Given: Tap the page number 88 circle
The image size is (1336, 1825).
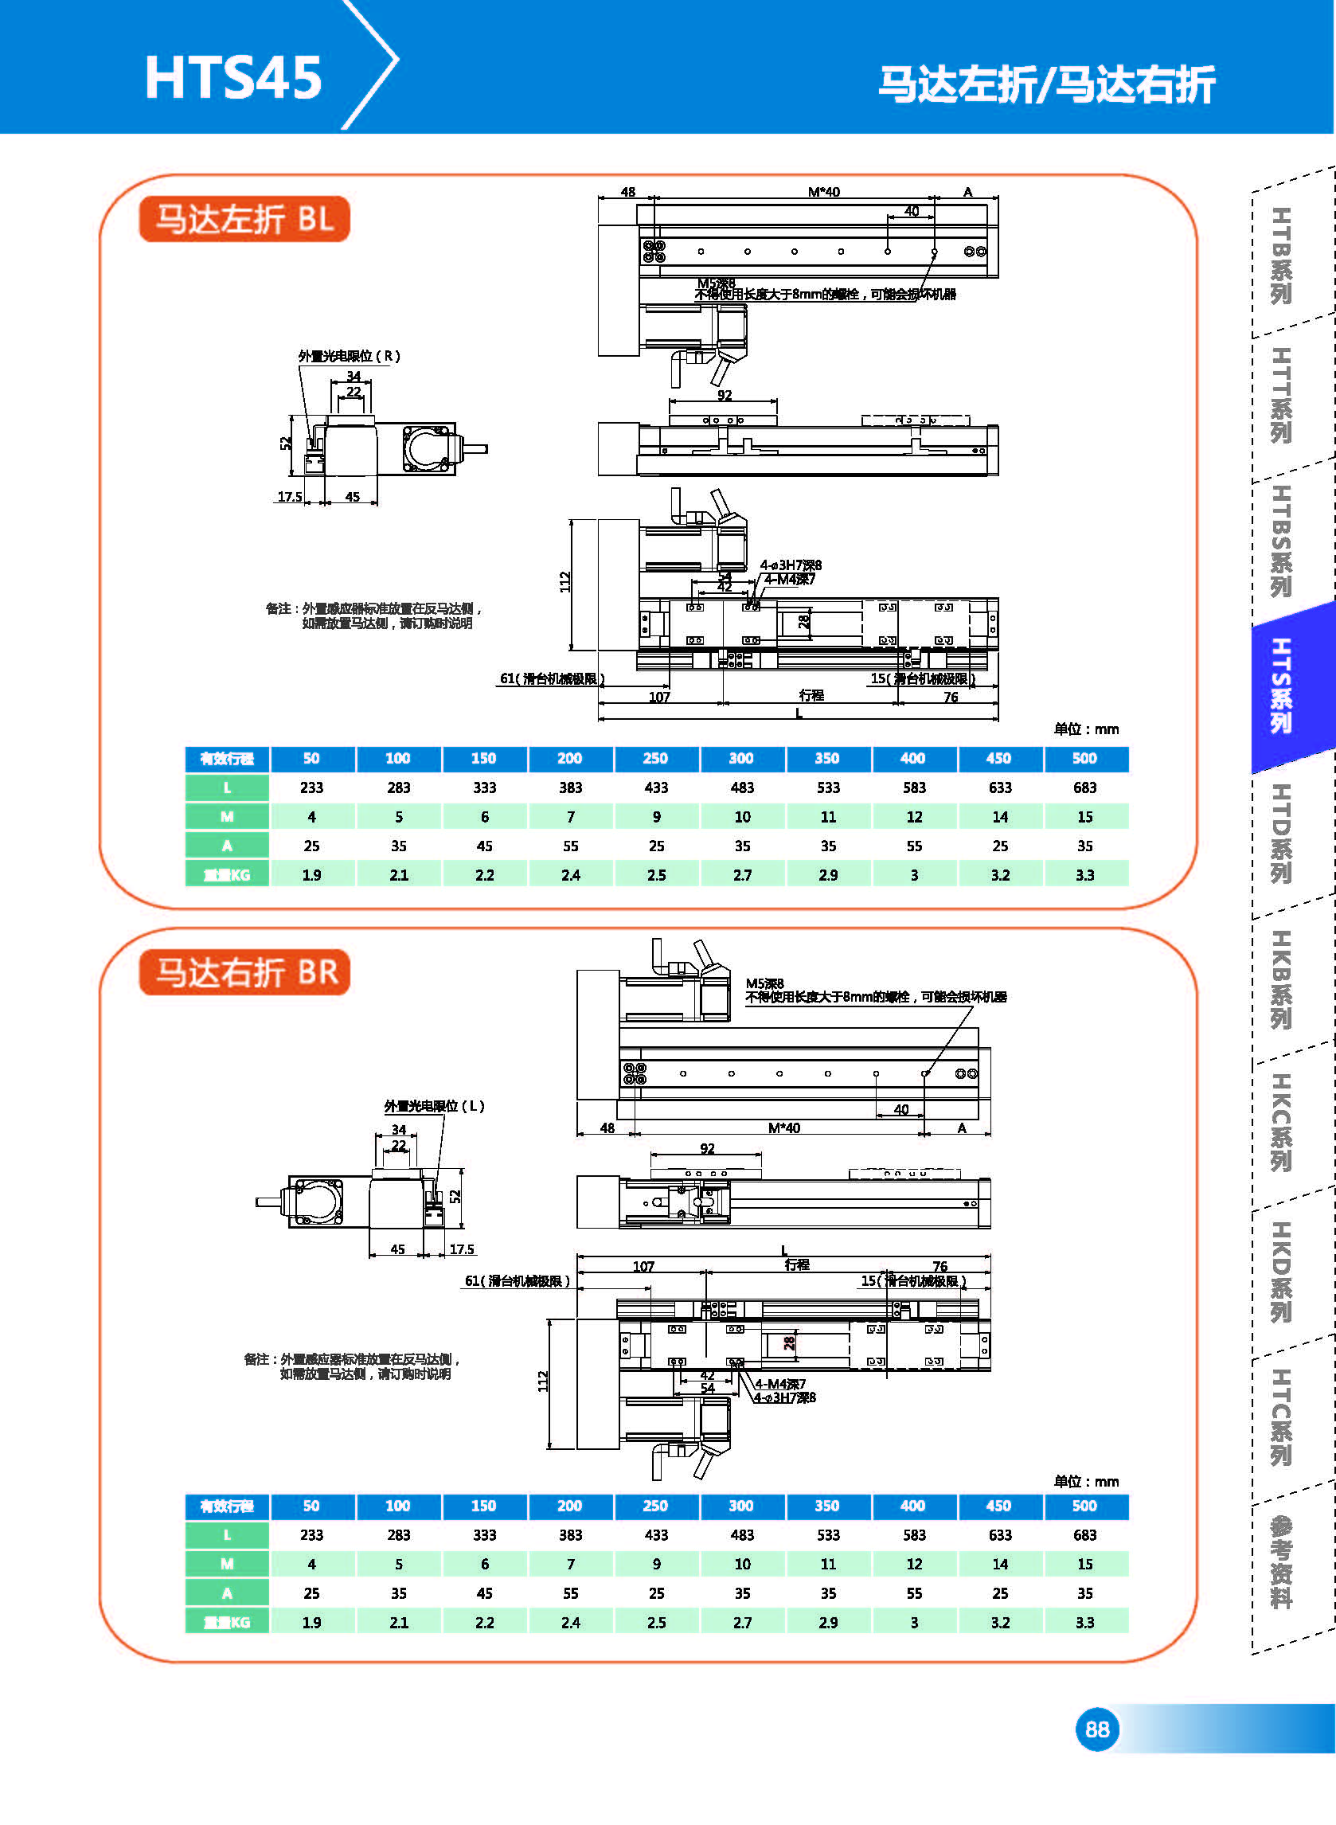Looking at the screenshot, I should tap(1096, 1729).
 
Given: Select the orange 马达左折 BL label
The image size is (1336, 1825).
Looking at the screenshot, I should tap(244, 219).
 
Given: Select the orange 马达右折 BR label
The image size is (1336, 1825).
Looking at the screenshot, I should tap(245, 972).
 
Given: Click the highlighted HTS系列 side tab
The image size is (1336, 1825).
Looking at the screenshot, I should tap(1283, 686).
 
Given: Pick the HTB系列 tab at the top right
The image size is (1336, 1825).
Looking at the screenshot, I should tap(1282, 256).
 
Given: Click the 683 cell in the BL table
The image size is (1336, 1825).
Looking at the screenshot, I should tap(1084, 787).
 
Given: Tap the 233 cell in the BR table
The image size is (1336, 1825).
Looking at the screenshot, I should tap(311, 1534).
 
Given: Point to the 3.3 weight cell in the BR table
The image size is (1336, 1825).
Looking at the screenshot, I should tap(1084, 1622).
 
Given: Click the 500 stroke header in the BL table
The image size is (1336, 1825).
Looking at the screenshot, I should tap(1084, 759).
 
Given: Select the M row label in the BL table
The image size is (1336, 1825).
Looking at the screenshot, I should tap(227, 817).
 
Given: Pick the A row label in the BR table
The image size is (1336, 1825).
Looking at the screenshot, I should tap(227, 1593).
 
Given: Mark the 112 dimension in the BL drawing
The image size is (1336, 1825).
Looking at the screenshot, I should tap(564, 581).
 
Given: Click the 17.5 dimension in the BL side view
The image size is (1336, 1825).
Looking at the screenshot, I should tap(290, 497).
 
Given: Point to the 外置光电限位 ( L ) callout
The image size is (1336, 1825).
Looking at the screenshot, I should tap(433, 1106).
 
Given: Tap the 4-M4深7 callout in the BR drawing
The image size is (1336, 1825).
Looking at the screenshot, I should tap(780, 1384).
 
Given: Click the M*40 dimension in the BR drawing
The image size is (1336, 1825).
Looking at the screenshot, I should tap(783, 1128).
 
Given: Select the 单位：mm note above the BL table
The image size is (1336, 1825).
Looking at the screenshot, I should tap(1085, 729).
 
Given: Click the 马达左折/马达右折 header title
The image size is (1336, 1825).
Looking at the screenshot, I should tap(1046, 85).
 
